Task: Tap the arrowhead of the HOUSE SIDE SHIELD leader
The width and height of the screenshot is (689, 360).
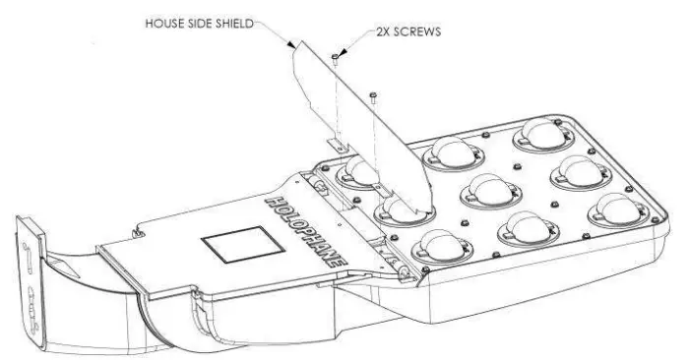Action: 292,46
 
